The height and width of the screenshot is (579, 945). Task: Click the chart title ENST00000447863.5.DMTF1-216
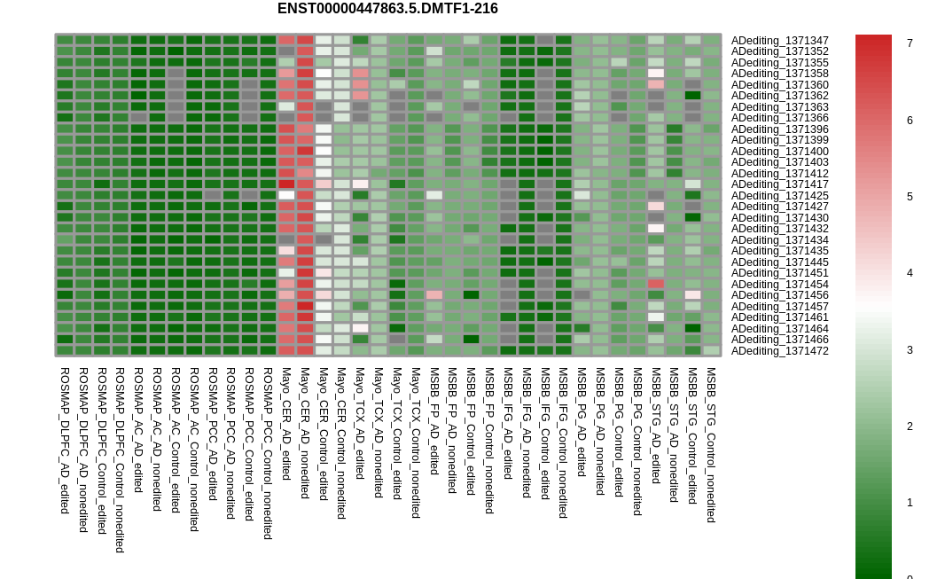click(x=387, y=9)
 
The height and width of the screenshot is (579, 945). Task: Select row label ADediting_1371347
click(x=780, y=41)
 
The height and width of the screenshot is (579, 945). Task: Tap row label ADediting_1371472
click(x=780, y=350)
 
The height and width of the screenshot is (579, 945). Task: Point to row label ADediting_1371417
click(x=780, y=184)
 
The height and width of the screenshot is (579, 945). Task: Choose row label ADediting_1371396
click(x=780, y=129)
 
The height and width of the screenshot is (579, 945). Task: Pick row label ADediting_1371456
click(x=780, y=295)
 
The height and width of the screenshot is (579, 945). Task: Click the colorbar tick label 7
click(x=910, y=43)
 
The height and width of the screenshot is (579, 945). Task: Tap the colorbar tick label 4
click(x=910, y=273)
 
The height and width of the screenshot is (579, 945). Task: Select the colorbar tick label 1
click(x=910, y=503)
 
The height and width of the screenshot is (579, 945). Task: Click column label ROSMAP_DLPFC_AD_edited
click(x=65, y=441)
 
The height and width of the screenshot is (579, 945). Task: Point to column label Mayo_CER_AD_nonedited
click(x=304, y=434)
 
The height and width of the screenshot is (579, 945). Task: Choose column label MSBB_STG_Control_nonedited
click(x=711, y=444)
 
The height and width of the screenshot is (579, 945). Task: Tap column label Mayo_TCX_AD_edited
click(x=360, y=424)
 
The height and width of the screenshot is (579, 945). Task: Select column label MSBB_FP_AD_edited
click(x=433, y=421)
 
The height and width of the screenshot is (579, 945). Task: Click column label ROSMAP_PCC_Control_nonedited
click(x=268, y=453)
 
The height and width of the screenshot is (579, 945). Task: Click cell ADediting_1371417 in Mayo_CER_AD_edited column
click(x=286, y=184)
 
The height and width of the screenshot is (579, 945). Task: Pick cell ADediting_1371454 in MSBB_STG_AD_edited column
click(x=656, y=284)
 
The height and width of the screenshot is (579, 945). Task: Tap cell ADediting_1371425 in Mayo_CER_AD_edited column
click(x=286, y=195)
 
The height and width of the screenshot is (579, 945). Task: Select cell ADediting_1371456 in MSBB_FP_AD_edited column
click(x=433, y=295)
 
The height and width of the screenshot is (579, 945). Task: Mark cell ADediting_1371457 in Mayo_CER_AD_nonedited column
click(x=305, y=306)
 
